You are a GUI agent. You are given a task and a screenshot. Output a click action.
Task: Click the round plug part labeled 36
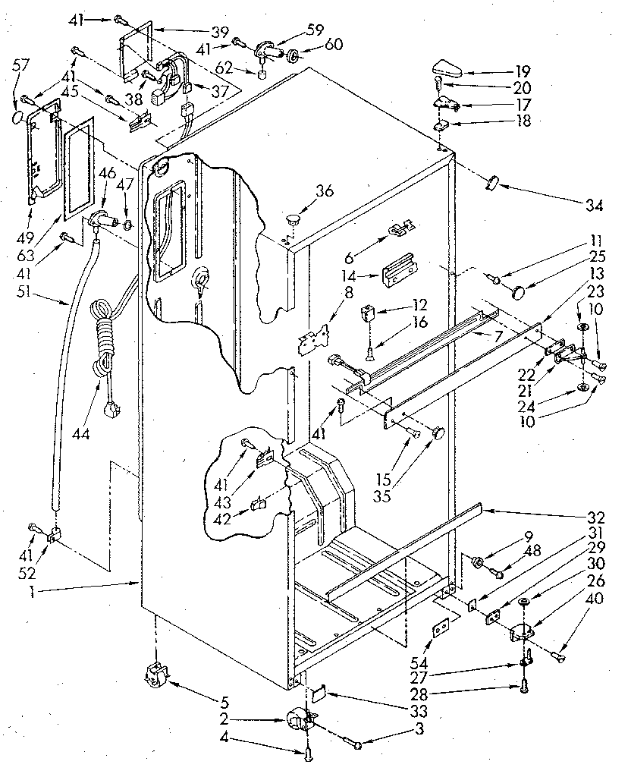[x=294, y=219]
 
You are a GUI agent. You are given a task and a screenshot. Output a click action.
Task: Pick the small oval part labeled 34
[x=493, y=182]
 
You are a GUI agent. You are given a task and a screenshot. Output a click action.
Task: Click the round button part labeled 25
[x=521, y=290]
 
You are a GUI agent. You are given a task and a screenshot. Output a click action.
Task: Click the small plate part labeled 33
[x=319, y=691]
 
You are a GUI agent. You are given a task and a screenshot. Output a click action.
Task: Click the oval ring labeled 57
[x=17, y=119]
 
